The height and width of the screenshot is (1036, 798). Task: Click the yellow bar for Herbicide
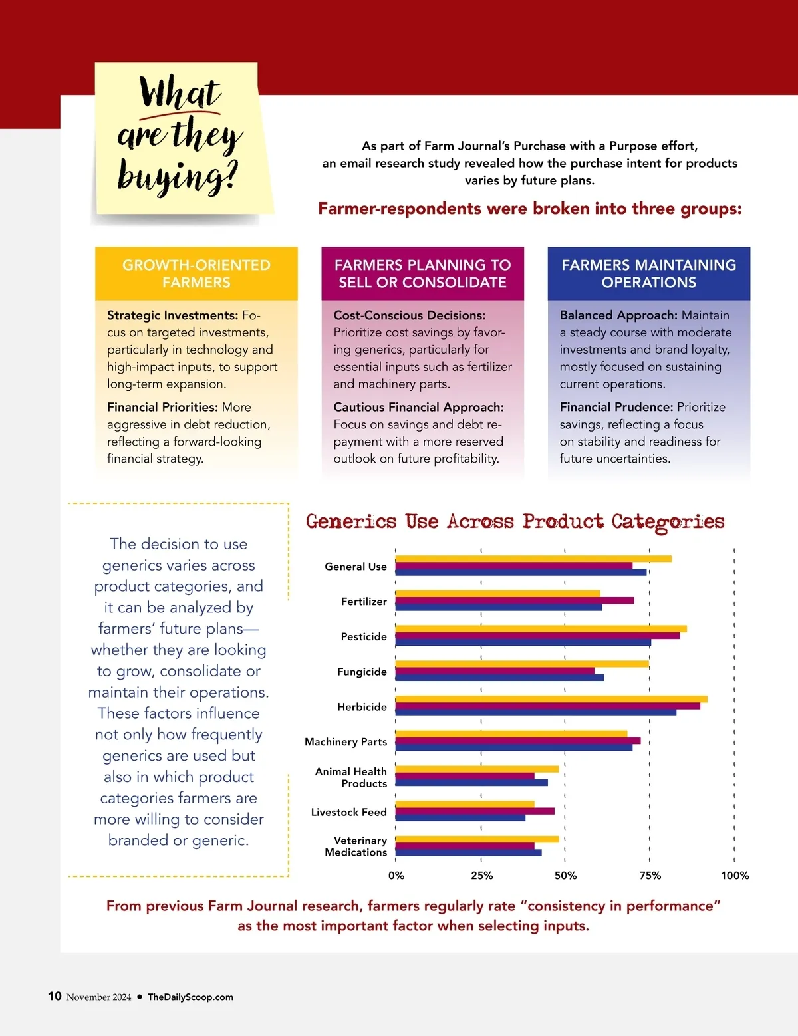[551, 699]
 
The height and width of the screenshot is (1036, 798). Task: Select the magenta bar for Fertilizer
[514, 600]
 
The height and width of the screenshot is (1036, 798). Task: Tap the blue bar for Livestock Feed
[460, 818]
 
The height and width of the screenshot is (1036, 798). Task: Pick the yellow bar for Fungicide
[521, 664]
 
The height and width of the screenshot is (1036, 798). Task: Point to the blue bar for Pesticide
[523, 643]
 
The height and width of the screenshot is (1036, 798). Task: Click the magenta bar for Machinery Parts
[517, 741]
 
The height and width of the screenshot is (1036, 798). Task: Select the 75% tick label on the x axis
[650, 876]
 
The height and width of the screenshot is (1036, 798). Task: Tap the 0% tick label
[396, 876]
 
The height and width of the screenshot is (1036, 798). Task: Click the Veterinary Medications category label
[356, 846]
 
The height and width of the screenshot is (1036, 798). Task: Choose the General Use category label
[356, 567]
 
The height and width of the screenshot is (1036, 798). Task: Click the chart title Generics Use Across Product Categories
[515, 522]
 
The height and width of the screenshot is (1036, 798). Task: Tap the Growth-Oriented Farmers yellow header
[196, 273]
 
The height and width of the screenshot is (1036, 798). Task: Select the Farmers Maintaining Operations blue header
[648, 273]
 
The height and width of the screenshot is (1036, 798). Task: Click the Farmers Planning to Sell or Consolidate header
[422, 273]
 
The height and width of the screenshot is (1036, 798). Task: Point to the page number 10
[55, 996]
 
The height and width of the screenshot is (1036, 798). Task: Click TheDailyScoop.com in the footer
[190, 997]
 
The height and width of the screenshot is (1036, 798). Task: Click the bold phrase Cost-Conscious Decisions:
[410, 315]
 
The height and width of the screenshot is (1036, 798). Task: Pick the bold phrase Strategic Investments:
[172, 315]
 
